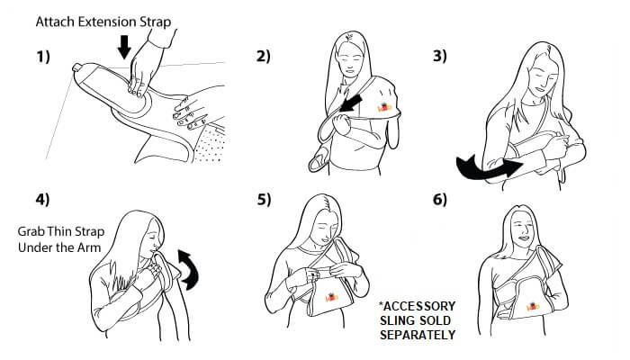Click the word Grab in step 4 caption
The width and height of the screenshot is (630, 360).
pyautogui.click(x=32, y=230)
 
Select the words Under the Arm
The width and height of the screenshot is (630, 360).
pyautogui.click(x=55, y=247)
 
